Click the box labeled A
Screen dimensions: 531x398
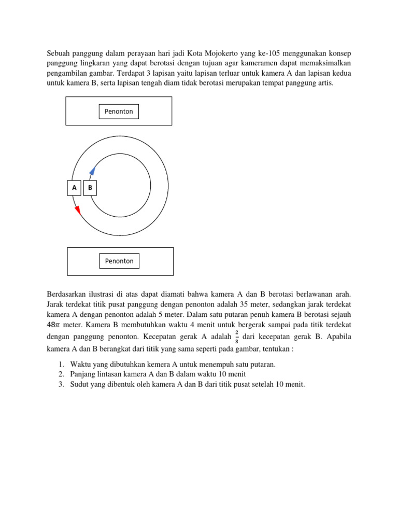click(74, 188)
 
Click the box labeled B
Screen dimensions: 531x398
click(90, 188)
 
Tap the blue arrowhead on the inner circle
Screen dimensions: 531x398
click(92, 172)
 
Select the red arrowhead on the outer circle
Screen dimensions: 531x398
click(78, 209)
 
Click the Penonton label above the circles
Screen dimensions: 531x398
click(119, 111)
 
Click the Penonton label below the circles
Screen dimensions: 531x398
click(119, 261)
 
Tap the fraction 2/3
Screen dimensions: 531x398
click(237, 337)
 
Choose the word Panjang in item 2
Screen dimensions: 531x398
click(83, 374)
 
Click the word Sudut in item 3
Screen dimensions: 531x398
click(79, 384)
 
